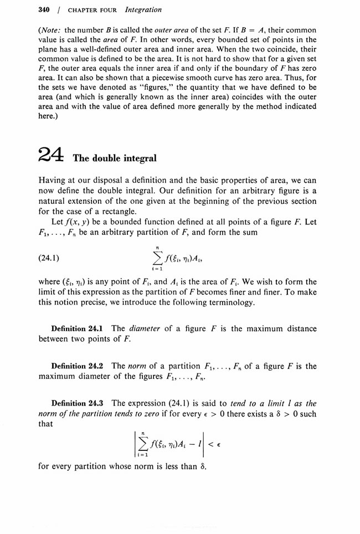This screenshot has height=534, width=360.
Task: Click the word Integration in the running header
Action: tap(143, 10)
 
